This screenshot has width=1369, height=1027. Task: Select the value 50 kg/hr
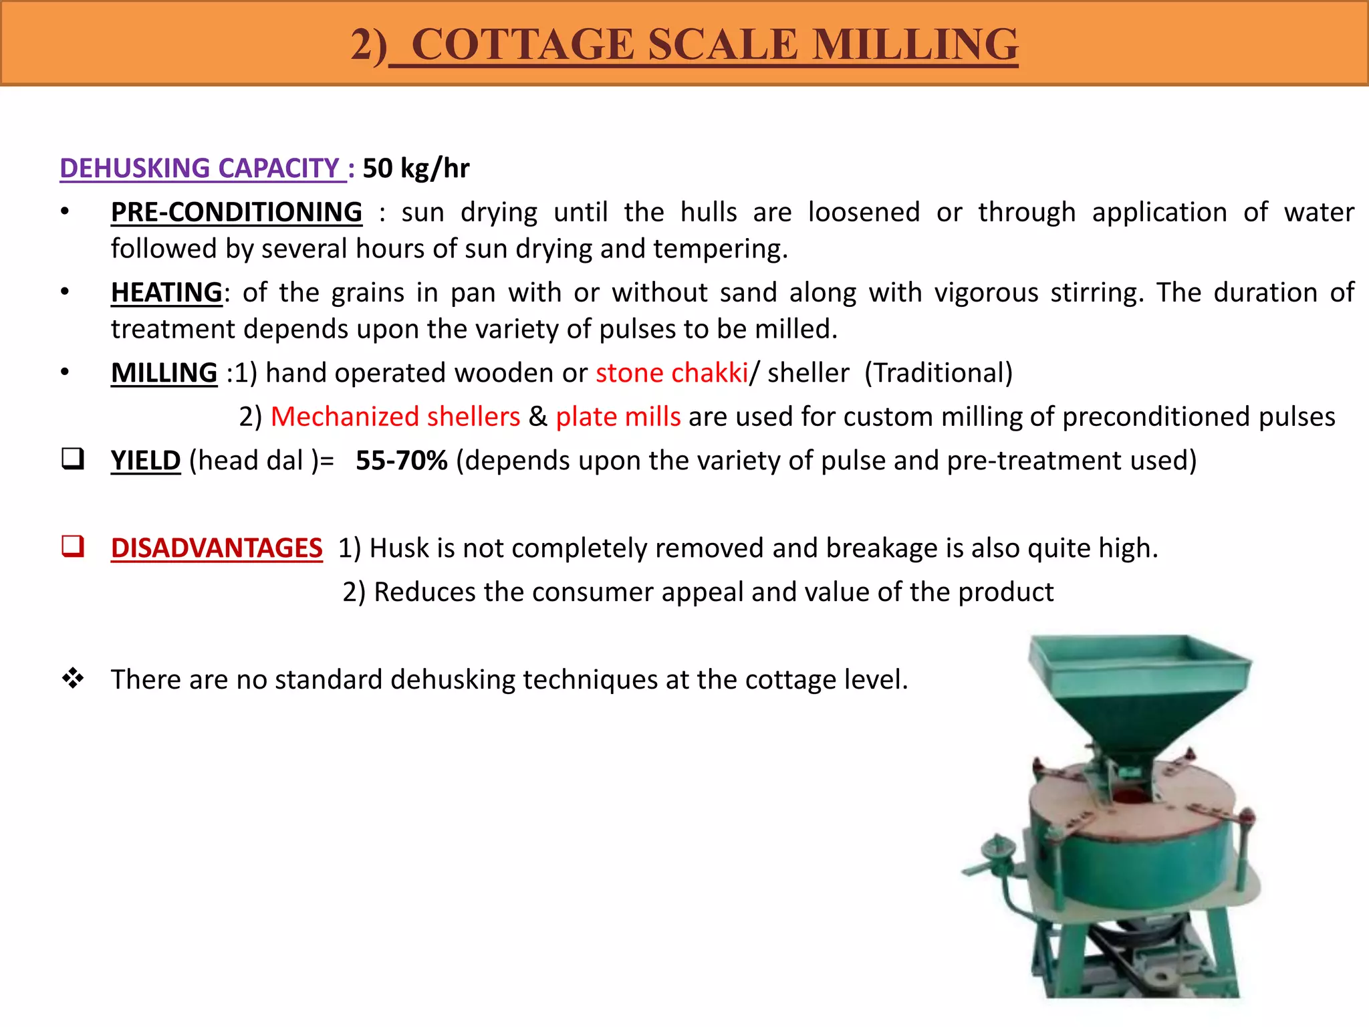pos(416,168)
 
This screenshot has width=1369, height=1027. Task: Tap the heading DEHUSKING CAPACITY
pos(200,168)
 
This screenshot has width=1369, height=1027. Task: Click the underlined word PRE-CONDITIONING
pos(237,213)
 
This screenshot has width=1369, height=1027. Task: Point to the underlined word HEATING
pos(166,293)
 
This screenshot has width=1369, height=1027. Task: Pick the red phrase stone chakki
pos(671,373)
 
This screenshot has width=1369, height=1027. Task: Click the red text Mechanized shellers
pos(395,417)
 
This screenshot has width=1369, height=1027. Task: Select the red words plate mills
pos(618,417)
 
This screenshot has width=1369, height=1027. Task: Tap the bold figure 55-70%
pos(401,461)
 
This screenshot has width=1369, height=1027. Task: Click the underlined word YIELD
pos(146,461)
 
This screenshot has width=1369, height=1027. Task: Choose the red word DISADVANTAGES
pos(217,548)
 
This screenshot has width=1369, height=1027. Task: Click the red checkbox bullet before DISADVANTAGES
pos(73,546)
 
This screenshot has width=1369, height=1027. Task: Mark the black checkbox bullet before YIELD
pos(73,459)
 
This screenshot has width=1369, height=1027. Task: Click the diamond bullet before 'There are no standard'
pos(73,679)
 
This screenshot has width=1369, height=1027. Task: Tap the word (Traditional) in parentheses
pos(938,373)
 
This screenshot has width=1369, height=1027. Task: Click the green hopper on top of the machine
pos(1139,689)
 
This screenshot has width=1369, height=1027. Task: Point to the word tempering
pos(720,249)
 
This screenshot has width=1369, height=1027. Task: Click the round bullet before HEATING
pos(65,292)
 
